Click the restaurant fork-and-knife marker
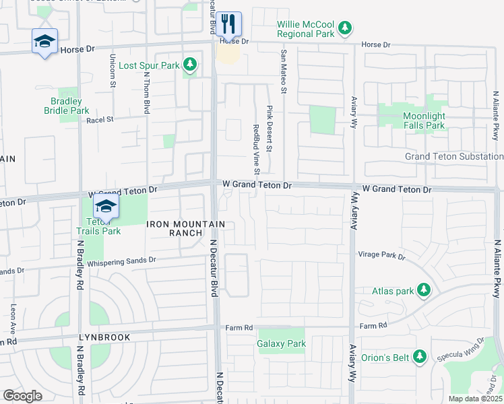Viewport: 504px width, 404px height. [x=229, y=25]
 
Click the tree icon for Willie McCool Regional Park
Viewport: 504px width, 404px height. [x=345, y=28]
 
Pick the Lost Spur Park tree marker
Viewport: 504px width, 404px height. [x=191, y=65]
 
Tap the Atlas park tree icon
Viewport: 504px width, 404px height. [x=423, y=291]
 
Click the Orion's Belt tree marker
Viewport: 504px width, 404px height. [x=420, y=357]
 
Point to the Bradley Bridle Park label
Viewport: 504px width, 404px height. [x=67, y=106]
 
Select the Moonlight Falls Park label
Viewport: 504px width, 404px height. [x=424, y=121]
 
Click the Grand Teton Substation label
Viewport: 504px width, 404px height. [x=453, y=156]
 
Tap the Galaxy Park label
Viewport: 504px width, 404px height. [x=281, y=343]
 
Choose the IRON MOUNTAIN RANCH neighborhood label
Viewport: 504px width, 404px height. [x=185, y=228]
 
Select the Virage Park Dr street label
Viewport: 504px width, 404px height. [x=382, y=257]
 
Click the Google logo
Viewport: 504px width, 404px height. [x=22, y=395]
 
